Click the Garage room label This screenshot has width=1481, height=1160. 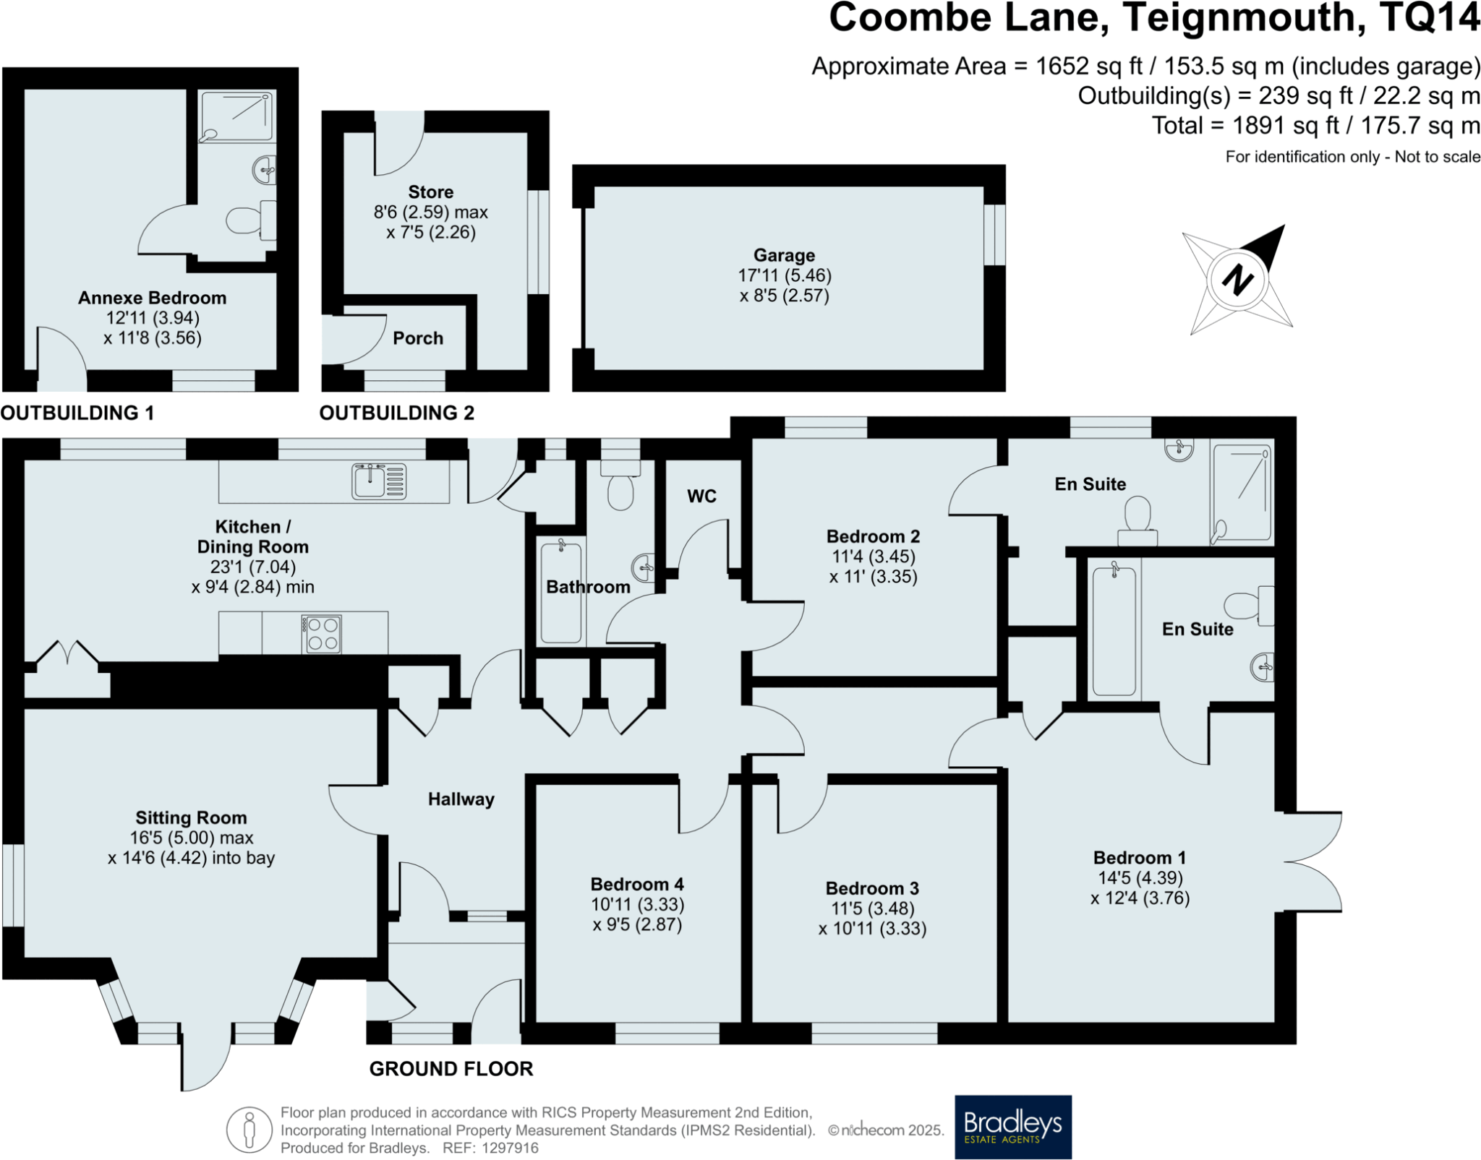tap(784, 255)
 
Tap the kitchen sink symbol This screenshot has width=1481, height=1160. tap(379, 481)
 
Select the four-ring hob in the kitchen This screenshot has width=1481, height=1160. tap(323, 634)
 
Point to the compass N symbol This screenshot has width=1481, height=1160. tap(1238, 279)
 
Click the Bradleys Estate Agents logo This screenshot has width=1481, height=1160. tap(1012, 1127)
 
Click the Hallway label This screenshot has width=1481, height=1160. tap(461, 799)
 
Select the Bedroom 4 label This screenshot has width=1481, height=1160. tap(637, 884)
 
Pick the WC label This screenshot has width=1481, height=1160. tap(701, 496)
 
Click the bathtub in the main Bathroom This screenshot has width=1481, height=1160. tap(561, 591)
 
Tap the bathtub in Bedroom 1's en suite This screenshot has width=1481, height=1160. tap(1114, 630)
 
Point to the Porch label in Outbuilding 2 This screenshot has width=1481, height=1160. tap(418, 338)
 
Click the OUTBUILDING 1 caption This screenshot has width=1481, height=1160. tap(77, 413)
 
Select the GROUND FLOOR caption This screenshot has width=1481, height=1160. tap(451, 1069)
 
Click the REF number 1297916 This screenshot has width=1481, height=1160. tap(510, 1148)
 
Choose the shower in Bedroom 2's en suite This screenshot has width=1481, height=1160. tap(1242, 494)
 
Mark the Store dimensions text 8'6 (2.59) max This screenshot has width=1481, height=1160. tap(430, 212)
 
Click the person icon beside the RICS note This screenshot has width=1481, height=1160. tap(249, 1130)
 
